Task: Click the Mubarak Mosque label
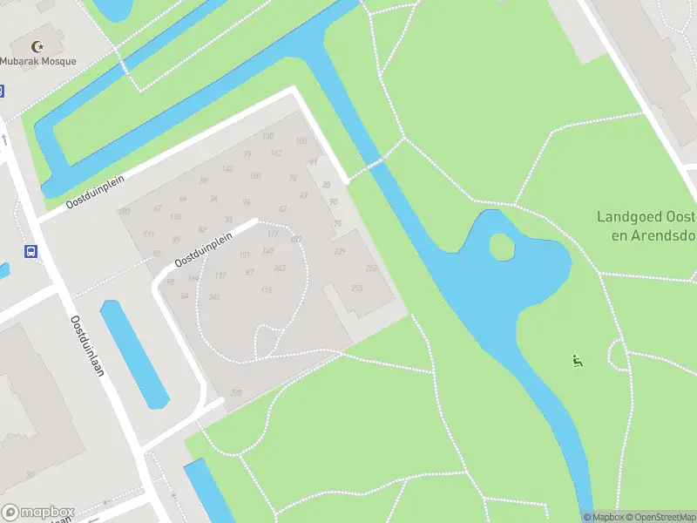point(38,61)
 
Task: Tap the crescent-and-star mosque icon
point(37,46)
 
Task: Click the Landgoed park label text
point(646,226)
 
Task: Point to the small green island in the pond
point(502,248)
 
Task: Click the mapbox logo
point(38,513)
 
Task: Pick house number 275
point(235,393)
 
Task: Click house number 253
point(355,289)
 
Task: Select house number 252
point(371,268)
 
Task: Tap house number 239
point(340,251)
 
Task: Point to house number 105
point(301,141)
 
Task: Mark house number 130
point(268,135)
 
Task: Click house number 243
point(280,268)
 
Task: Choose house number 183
point(125,212)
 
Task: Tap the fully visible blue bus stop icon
point(31,252)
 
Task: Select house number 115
point(266,290)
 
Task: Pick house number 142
point(227,169)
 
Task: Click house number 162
point(275,154)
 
